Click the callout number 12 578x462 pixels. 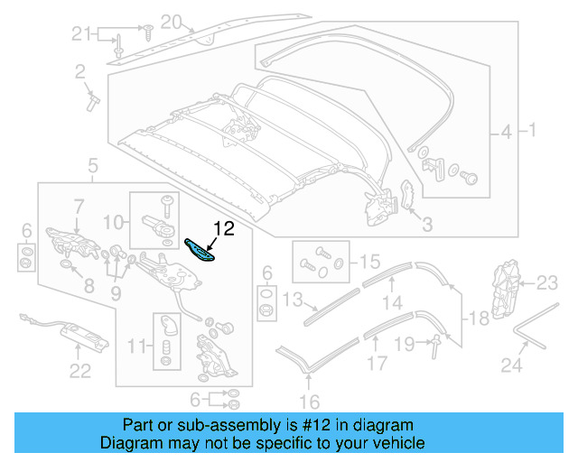click(223, 229)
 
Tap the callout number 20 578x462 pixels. click(171, 22)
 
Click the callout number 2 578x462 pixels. click(80, 70)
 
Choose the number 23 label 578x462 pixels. click(548, 283)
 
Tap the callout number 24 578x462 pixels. click(511, 365)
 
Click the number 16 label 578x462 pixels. click(310, 402)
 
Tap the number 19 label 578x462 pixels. click(406, 343)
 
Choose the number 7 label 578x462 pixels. click(78, 206)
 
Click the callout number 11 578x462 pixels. click(135, 346)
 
